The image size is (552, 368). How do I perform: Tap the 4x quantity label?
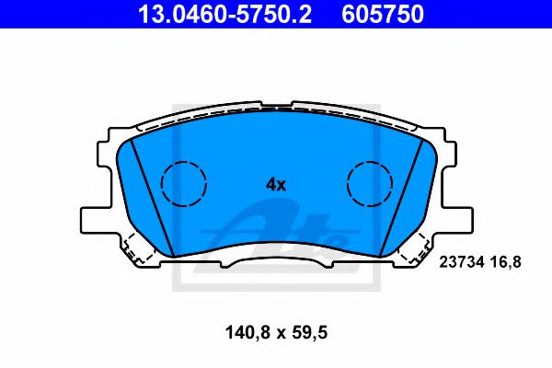point(276,184)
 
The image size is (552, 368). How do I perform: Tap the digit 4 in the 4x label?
point(270,184)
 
